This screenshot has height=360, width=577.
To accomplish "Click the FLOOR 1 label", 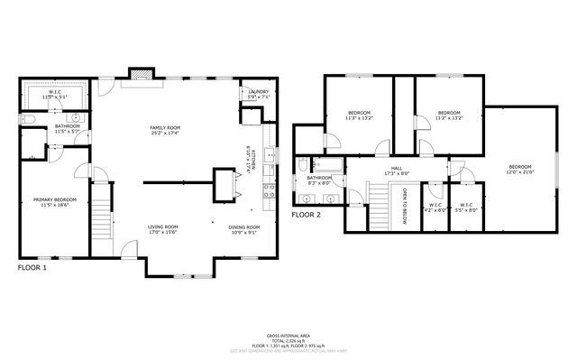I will tap(32, 268).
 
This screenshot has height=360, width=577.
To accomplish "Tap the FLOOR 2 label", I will tap(307, 215).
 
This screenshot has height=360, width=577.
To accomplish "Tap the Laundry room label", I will tap(251, 91).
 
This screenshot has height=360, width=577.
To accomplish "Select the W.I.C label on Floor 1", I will tap(54, 92).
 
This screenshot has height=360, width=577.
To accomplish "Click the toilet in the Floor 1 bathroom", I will tap(29, 118).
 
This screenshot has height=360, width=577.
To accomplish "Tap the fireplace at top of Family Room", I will tap(140, 74).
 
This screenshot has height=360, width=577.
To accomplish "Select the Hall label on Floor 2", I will tap(391, 170).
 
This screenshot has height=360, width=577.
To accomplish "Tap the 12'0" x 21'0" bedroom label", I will tap(519, 170).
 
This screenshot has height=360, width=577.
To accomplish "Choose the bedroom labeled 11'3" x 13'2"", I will tap(358, 115).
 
